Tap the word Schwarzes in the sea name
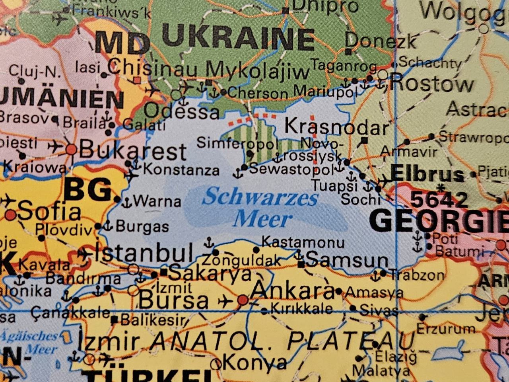[x=260, y=197]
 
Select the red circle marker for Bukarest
[x=71, y=150]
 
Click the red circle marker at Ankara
[x=243, y=300]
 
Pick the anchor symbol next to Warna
[x=126, y=203]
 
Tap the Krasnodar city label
[x=336, y=127]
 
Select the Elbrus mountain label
[x=427, y=174]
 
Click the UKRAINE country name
[x=239, y=39]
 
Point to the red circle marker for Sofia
[x=11, y=215]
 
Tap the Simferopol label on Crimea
[x=237, y=142]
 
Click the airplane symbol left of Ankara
[x=225, y=301]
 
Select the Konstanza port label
[x=181, y=170]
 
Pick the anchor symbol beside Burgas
[x=107, y=226]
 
